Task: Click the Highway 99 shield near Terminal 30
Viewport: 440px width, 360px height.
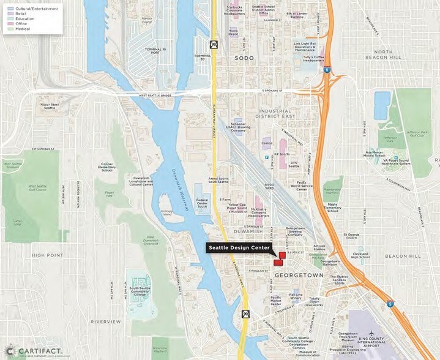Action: pyautogui.click(x=214, y=44)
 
